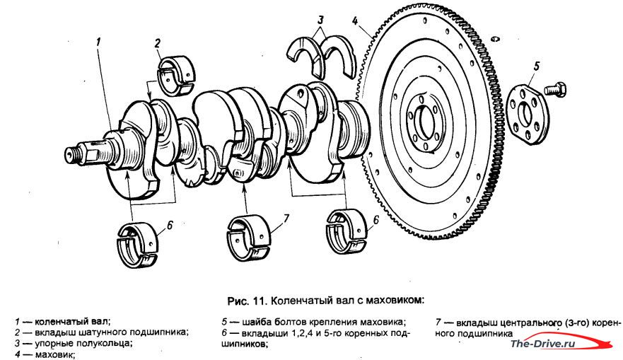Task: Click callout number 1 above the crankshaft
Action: (98, 41)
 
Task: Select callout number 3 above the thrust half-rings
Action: (320, 20)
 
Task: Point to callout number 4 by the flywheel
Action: (355, 21)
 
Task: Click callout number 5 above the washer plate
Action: (537, 66)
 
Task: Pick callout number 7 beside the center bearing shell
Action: (286, 218)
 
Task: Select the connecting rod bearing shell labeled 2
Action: (176, 76)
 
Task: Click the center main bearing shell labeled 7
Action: (249, 237)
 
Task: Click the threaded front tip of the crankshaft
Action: (71, 153)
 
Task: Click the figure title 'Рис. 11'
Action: (247, 301)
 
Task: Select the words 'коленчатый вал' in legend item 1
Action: (71, 321)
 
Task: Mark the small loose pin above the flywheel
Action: (495, 39)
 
